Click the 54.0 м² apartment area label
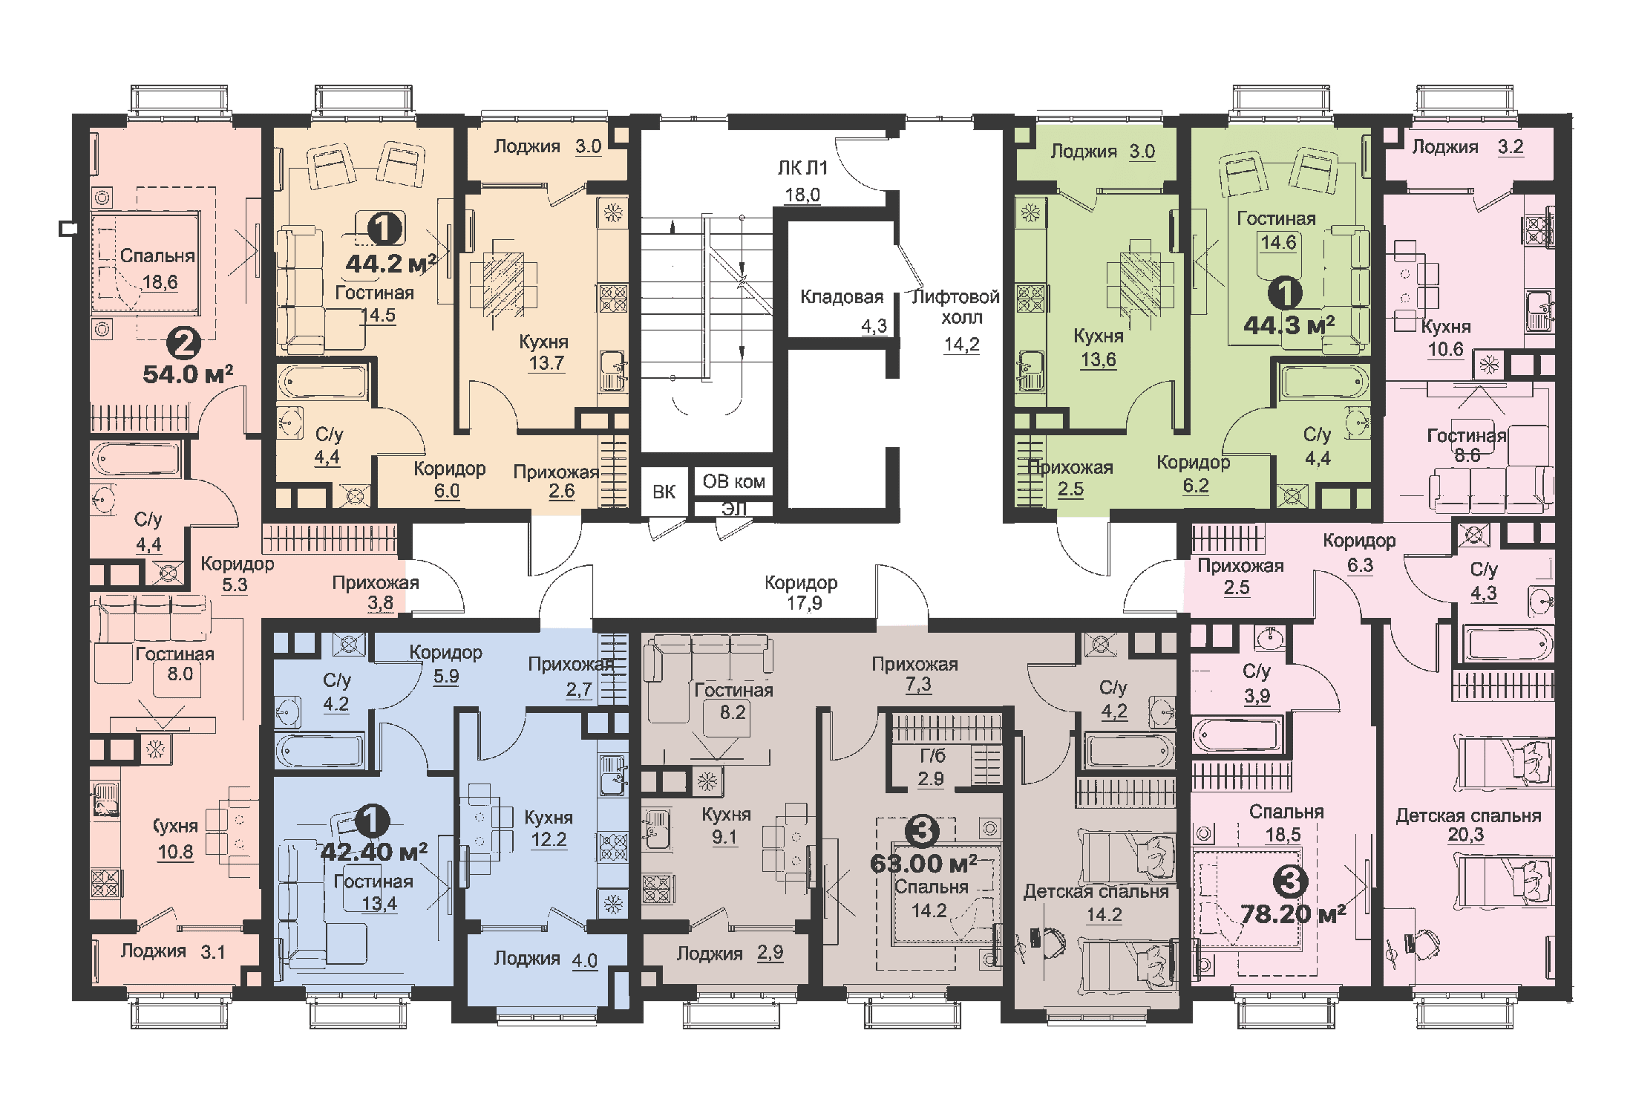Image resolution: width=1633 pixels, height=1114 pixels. coord(188,374)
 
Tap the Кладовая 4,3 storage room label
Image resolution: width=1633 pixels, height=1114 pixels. coord(843,310)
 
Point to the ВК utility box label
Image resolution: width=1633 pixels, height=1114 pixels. coord(664,492)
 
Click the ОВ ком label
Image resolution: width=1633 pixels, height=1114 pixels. coord(733,481)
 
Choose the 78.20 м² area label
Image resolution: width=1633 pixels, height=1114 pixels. coord(1293,913)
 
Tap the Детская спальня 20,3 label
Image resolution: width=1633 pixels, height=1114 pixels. coord(1467,824)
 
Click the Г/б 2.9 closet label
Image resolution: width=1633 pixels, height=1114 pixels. coord(932,766)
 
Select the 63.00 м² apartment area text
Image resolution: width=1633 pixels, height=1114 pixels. coord(923,864)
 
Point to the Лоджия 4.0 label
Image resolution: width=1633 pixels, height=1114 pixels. coord(546,959)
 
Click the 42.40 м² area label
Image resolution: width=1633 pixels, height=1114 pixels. coord(373,852)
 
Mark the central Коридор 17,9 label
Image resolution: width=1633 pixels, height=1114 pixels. coord(802,593)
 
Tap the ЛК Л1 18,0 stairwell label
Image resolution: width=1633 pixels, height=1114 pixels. coord(802,180)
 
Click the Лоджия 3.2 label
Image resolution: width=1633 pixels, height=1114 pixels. coord(1467,146)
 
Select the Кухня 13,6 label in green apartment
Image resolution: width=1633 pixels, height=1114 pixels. coord(1099,347)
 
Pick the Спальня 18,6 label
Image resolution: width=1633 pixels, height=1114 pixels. coord(157,268)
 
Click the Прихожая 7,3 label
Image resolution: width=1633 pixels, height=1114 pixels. coord(915,674)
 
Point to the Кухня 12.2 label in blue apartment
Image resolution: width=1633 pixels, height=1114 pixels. coord(549,827)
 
